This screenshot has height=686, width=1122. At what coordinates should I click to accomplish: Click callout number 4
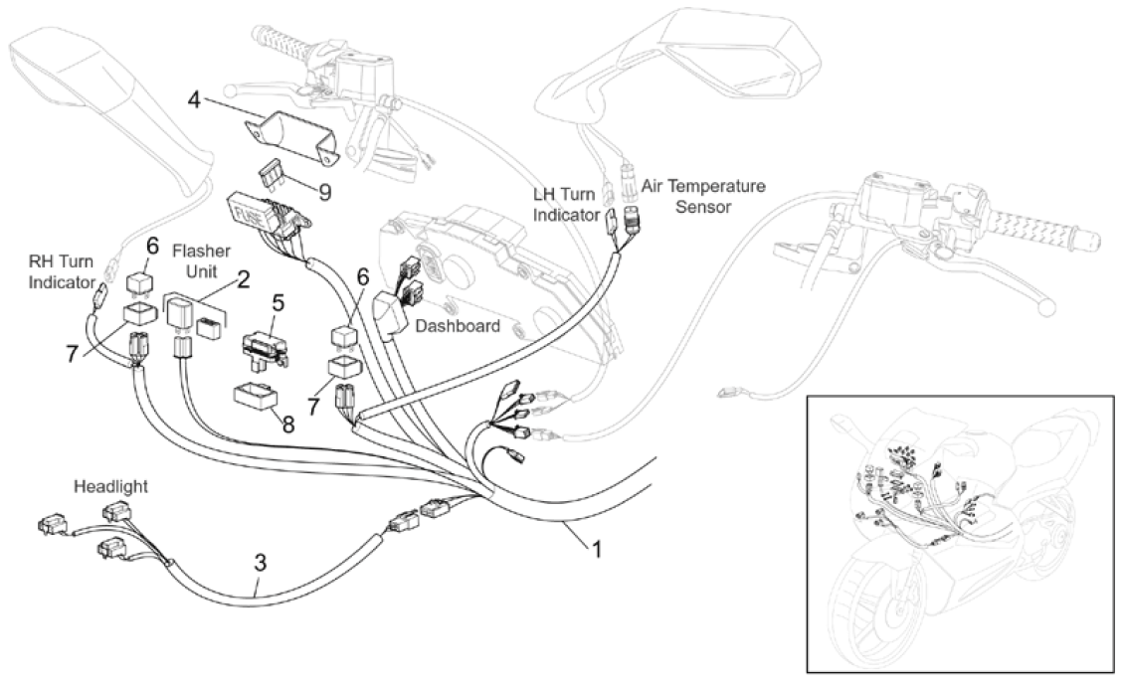pos(196,98)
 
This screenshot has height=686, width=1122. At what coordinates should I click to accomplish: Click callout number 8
pos(287,425)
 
